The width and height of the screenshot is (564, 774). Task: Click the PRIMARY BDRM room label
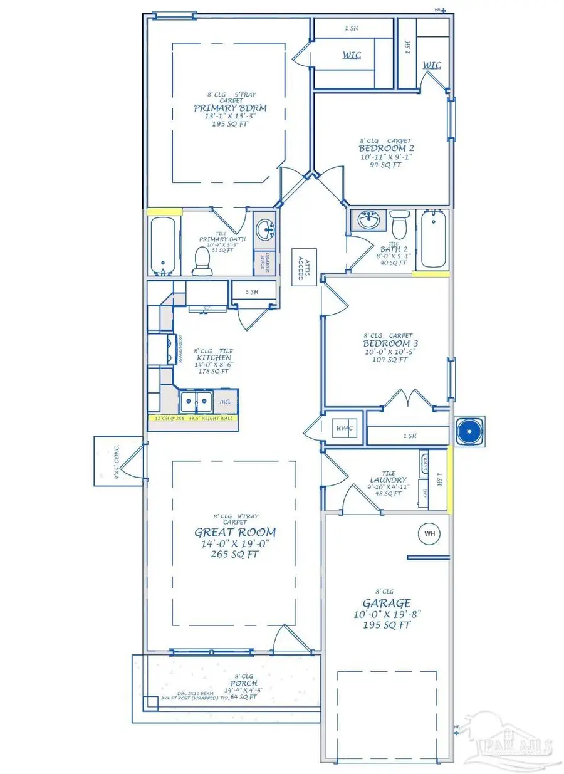[230, 108]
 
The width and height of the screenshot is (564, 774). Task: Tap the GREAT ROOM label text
[234, 533]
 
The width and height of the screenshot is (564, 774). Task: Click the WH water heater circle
[429, 533]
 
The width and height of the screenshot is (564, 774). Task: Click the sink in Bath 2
[368, 221]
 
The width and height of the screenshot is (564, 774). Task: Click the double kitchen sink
[196, 400]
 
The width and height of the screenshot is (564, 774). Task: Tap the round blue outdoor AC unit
[468, 431]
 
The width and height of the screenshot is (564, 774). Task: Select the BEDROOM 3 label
[390, 344]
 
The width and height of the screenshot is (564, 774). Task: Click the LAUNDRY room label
[388, 479]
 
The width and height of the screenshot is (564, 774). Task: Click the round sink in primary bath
[266, 226]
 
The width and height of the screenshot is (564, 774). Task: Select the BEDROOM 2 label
[386, 149]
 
